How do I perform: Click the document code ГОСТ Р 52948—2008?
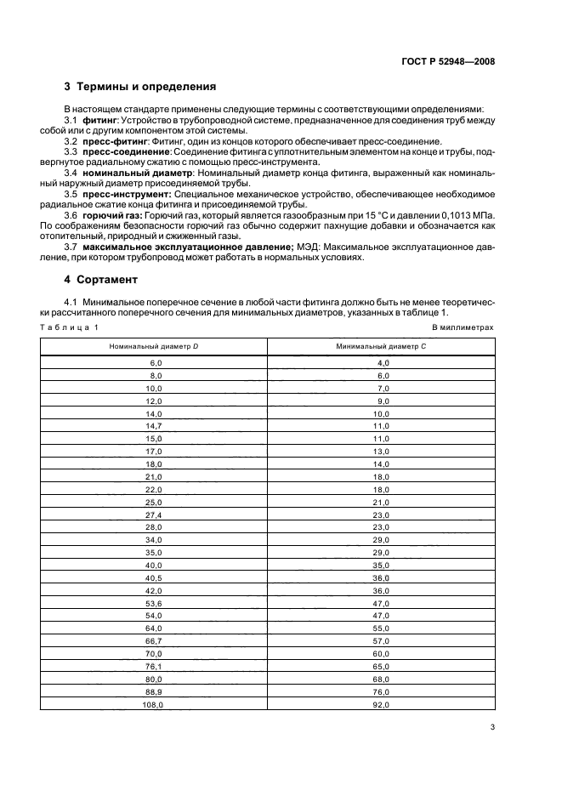pyautogui.click(x=449, y=61)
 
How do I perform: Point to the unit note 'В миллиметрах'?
pyautogui.click(x=463, y=327)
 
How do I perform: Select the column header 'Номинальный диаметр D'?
pyautogui.click(x=154, y=346)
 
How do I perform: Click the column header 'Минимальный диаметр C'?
pyautogui.click(x=381, y=346)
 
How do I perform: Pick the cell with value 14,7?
pyautogui.click(x=154, y=424)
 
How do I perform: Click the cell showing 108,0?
pyautogui.click(x=154, y=705)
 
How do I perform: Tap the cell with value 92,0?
pyautogui.click(x=381, y=705)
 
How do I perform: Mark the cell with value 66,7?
pyautogui.click(x=154, y=641)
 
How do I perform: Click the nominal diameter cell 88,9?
pyautogui.click(x=154, y=692)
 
